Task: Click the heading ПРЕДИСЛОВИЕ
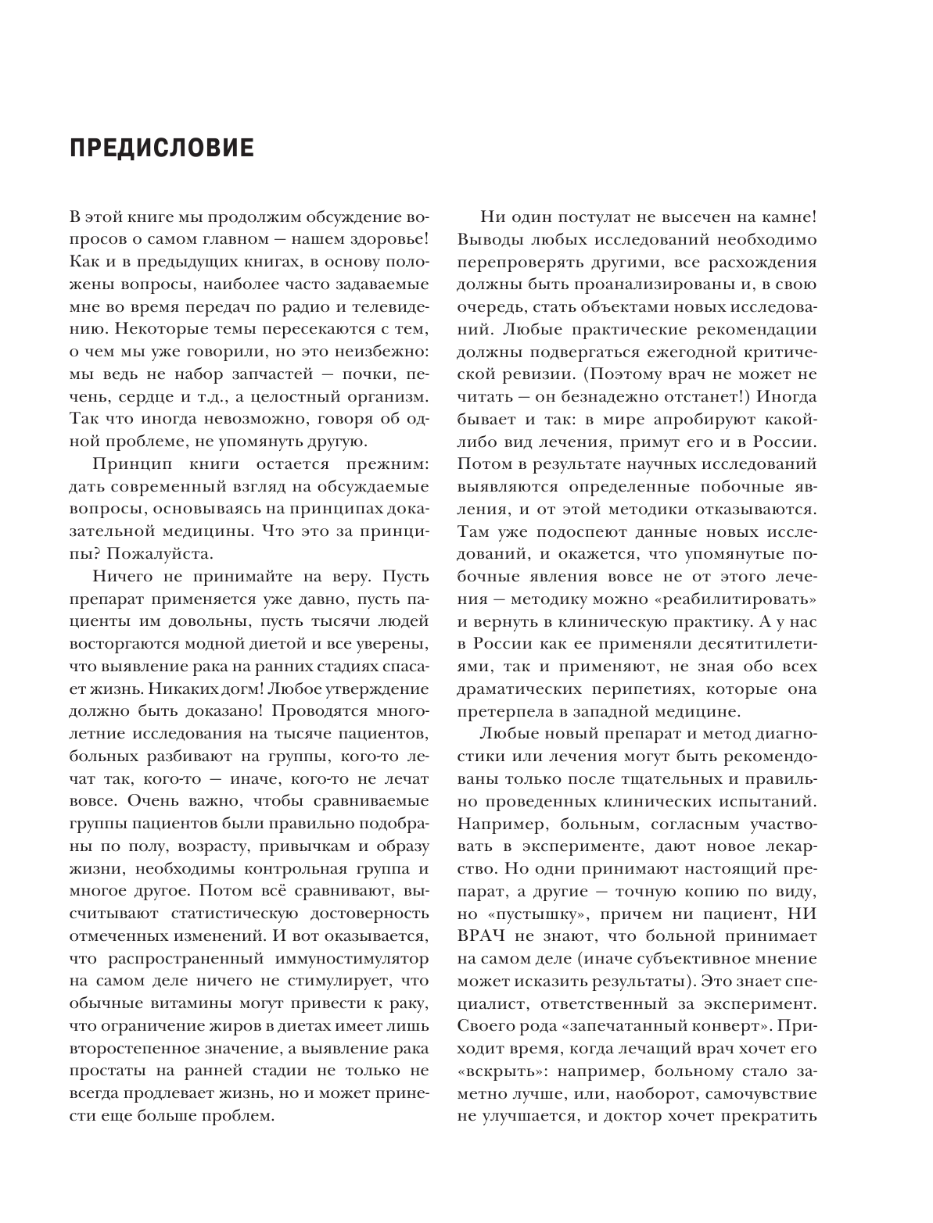pos(162,148)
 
